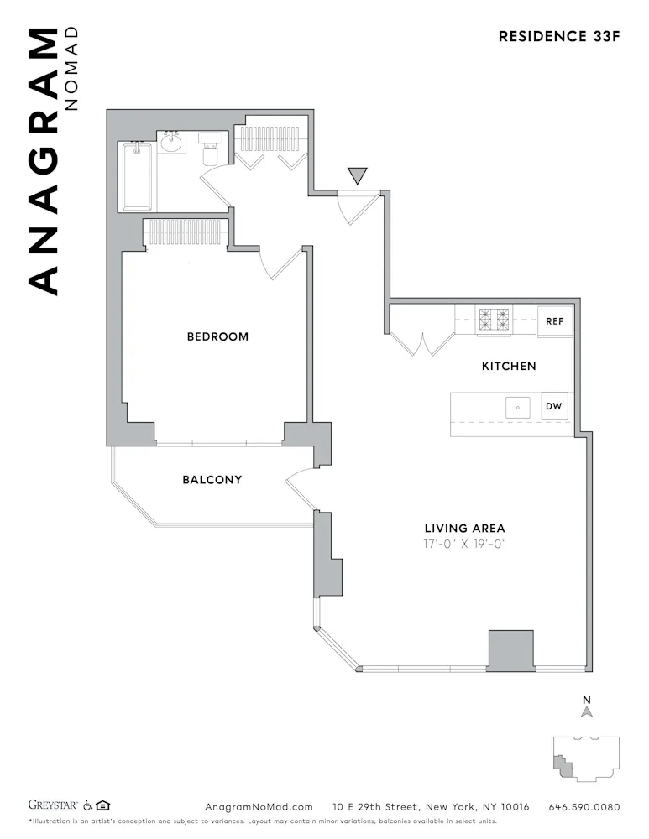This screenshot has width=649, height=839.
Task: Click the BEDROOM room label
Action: click(217, 336)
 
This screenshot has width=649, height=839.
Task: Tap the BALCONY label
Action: click(212, 480)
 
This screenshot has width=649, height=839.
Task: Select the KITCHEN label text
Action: click(508, 366)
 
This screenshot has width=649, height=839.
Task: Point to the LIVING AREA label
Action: click(464, 528)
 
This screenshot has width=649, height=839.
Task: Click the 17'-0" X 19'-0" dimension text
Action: click(464, 544)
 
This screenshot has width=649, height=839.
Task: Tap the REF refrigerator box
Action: click(554, 321)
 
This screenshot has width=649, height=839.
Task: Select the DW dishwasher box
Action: click(553, 407)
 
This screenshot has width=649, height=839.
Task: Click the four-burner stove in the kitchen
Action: click(494, 320)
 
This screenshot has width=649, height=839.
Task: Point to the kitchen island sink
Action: click(517, 408)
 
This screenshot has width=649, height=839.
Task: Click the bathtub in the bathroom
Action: click(137, 176)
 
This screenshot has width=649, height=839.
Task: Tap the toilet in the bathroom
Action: click(212, 152)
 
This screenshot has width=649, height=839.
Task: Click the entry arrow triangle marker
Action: click(358, 175)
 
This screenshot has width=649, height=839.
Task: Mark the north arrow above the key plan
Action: click(588, 710)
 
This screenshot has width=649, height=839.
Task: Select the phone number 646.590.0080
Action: click(584, 807)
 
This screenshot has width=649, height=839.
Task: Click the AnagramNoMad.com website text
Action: click(259, 807)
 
